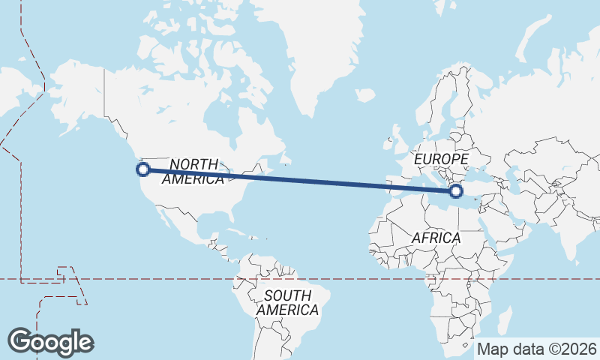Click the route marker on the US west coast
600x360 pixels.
pyautogui.click(x=142, y=169)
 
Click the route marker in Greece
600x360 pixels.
pyautogui.click(x=455, y=192)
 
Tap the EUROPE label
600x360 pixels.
pyautogui.click(x=441, y=160)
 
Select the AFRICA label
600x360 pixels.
pyautogui.click(x=436, y=238)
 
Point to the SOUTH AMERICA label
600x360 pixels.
pyautogui.click(x=287, y=302)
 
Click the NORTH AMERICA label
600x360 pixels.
pyautogui.click(x=193, y=172)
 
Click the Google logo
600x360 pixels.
pyautogui.click(x=50, y=341)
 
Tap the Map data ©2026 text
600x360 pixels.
pyautogui.click(x=537, y=349)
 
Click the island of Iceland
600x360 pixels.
pyautogui.click(x=365, y=95)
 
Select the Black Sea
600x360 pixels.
pyautogui.click(x=481, y=173)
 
